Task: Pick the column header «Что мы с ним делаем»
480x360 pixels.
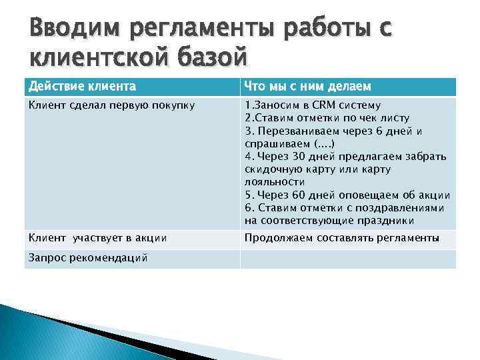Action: (307, 87)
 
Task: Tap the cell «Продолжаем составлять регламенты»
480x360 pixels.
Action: (342, 237)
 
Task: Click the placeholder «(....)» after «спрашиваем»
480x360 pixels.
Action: (325, 143)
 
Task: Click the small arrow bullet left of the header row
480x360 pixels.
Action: (17, 87)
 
